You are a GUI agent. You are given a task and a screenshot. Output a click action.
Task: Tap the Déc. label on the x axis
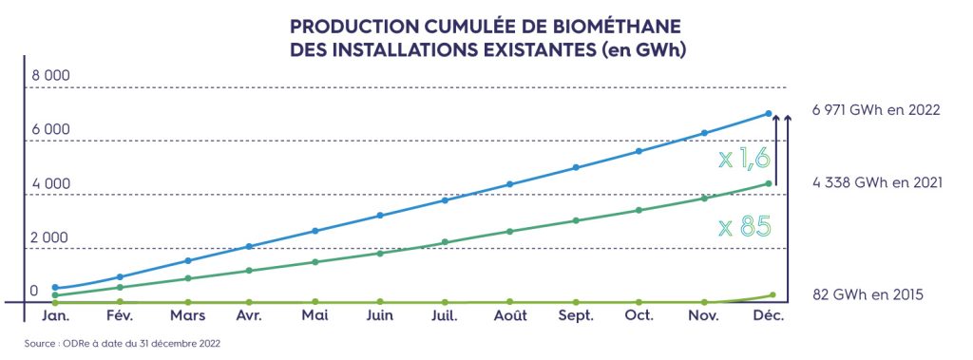769,315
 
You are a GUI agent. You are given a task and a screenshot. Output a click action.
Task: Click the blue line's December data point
769,114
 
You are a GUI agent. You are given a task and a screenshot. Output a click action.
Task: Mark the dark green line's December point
769,184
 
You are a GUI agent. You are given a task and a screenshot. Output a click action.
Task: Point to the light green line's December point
772,295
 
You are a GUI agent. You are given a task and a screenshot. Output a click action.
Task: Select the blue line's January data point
55,287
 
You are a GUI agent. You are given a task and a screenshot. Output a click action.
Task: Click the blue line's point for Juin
380,216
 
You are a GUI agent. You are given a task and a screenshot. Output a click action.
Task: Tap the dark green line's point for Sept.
575,220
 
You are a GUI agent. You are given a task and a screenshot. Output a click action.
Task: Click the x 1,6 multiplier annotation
744,158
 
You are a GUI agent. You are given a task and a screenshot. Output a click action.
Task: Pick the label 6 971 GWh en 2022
875,110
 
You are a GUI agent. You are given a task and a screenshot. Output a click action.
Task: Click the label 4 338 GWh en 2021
875,181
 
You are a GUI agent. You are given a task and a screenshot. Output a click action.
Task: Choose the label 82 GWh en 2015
867,294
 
